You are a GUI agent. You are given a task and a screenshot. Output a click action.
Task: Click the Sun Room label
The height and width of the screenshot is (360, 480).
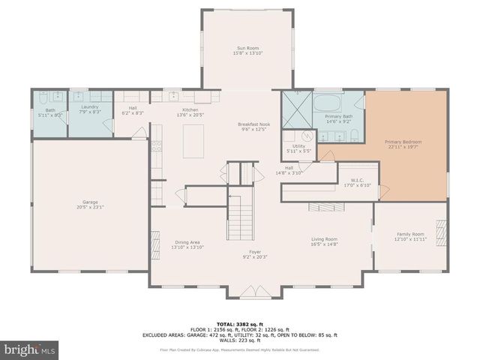[247, 49]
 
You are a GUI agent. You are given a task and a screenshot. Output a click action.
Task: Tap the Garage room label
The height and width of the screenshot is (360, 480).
[90, 200]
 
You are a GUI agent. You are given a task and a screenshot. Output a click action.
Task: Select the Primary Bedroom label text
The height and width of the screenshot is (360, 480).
[403, 142]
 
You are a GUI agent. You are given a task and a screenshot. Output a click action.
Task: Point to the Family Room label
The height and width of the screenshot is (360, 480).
[410, 234]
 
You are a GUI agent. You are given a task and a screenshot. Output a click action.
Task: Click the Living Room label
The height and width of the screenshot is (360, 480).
[325, 239]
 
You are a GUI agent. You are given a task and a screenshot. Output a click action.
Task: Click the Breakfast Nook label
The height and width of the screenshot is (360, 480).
[253, 124]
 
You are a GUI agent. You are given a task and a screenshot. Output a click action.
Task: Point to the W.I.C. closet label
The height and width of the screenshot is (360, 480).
[357, 180]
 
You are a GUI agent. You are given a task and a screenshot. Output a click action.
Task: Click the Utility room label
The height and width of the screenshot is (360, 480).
[298, 146]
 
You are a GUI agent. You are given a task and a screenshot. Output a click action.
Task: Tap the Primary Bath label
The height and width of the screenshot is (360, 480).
[338, 117]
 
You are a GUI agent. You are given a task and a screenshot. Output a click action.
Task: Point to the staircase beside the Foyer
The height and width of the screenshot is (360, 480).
[241, 214]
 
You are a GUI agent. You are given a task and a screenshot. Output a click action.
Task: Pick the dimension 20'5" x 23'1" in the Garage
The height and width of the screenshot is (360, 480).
[90, 206]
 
